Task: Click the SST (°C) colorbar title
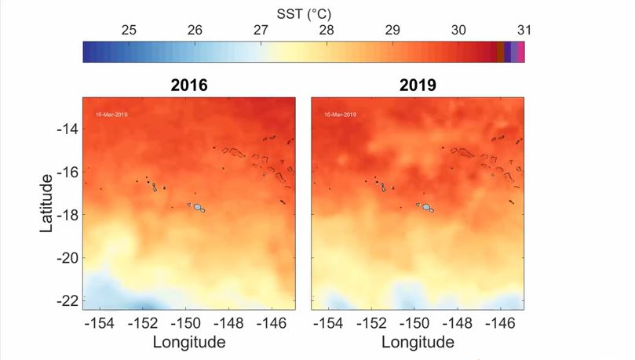pos(304,13)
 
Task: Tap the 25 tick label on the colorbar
pos(130,31)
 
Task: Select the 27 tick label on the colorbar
pos(261,31)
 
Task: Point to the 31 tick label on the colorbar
pos(524,31)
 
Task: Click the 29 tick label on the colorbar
pos(392,31)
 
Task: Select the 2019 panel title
pos(418,85)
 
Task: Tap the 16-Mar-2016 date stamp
pos(111,115)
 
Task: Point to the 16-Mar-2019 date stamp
pos(341,115)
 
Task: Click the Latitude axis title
pos(47,203)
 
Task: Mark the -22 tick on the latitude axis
pos(68,300)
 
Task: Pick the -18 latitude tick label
pos(68,214)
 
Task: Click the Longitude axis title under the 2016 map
pos(189,342)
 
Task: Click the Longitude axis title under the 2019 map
pos(418,342)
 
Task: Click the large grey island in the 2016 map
pos(198,208)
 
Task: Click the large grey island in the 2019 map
pos(427,208)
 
